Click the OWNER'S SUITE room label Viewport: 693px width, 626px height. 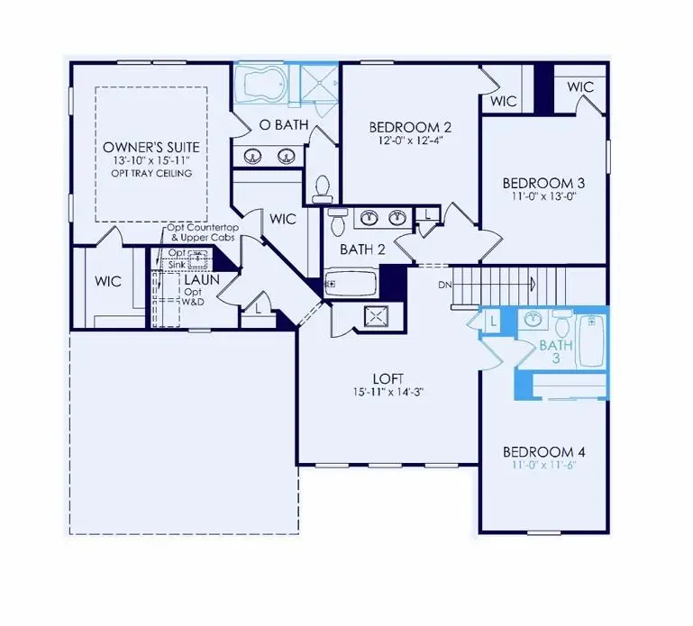click(x=151, y=147)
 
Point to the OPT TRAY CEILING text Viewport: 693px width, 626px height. click(x=151, y=174)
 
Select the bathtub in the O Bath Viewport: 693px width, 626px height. click(x=265, y=86)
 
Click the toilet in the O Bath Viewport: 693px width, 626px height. click(x=321, y=187)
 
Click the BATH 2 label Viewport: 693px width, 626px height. click(x=363, y=249)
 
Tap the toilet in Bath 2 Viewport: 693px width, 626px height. click(x=338, y=221)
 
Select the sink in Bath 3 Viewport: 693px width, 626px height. click(x=532, y=320)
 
